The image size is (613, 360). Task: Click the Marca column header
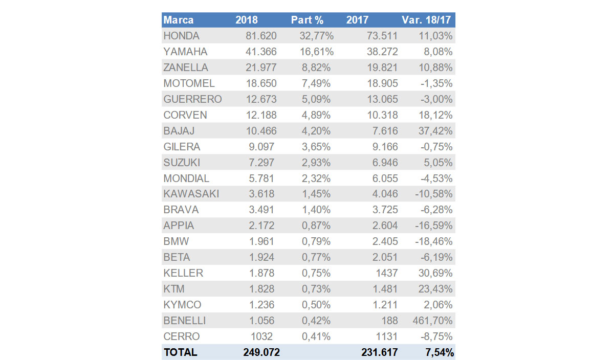tap(179, 20)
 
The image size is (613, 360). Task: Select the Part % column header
tap(307, 20)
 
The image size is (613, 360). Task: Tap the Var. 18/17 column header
tap(427, 20)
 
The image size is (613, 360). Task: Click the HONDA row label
tap(181, 36)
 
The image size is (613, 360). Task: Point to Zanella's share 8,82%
tap(316, 67)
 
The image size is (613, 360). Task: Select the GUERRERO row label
tap(192, 99)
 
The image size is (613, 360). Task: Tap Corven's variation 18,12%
tap(434, 115)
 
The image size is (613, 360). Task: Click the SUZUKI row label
tap(182, 163)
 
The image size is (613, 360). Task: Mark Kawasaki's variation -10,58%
tap(433, 194)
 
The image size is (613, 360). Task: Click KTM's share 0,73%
tap(316, 289)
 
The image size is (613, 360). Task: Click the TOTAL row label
tap(180, 352)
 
